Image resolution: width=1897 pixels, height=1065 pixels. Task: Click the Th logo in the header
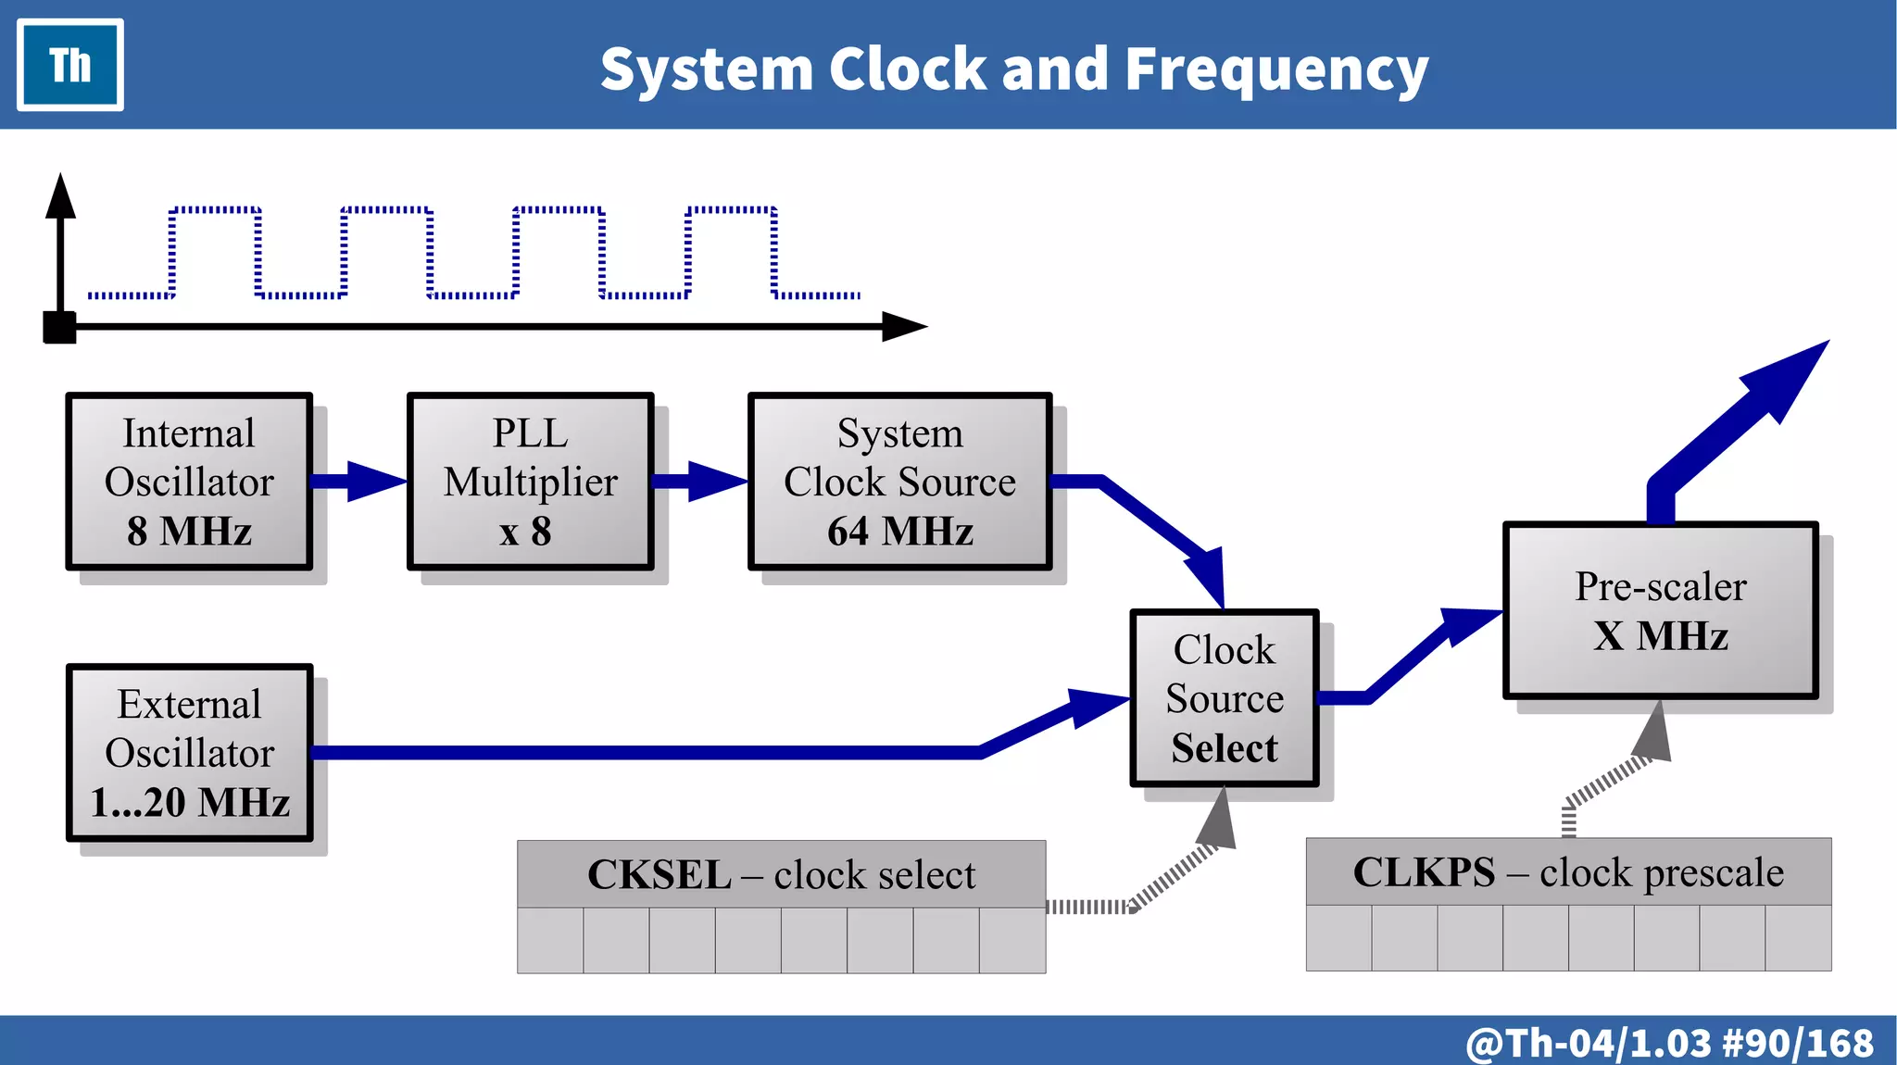click(70, 65)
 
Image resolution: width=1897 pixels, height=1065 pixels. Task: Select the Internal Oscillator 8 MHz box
click(189, 482)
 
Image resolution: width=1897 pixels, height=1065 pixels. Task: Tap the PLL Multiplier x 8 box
click(530, 482)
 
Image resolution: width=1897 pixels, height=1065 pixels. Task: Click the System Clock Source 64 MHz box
click(899, 482)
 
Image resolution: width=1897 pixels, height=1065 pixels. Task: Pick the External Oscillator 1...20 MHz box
click(189, 753)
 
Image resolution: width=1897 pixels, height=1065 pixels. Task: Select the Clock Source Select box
click(1224, 698)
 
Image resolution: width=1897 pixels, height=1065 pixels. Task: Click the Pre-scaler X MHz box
click(1660, 610)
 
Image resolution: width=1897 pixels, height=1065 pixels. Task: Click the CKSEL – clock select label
click(781, 874)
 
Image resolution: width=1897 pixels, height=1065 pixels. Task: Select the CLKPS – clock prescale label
click(1568, 871)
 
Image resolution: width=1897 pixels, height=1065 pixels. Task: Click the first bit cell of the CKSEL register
click(550, 940)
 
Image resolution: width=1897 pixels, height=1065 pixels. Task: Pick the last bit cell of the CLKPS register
click(1798, 937)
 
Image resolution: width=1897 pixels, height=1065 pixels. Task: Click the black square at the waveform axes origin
click(60, 327)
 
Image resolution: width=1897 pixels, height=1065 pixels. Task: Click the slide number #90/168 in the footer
click(1797, 1043)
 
